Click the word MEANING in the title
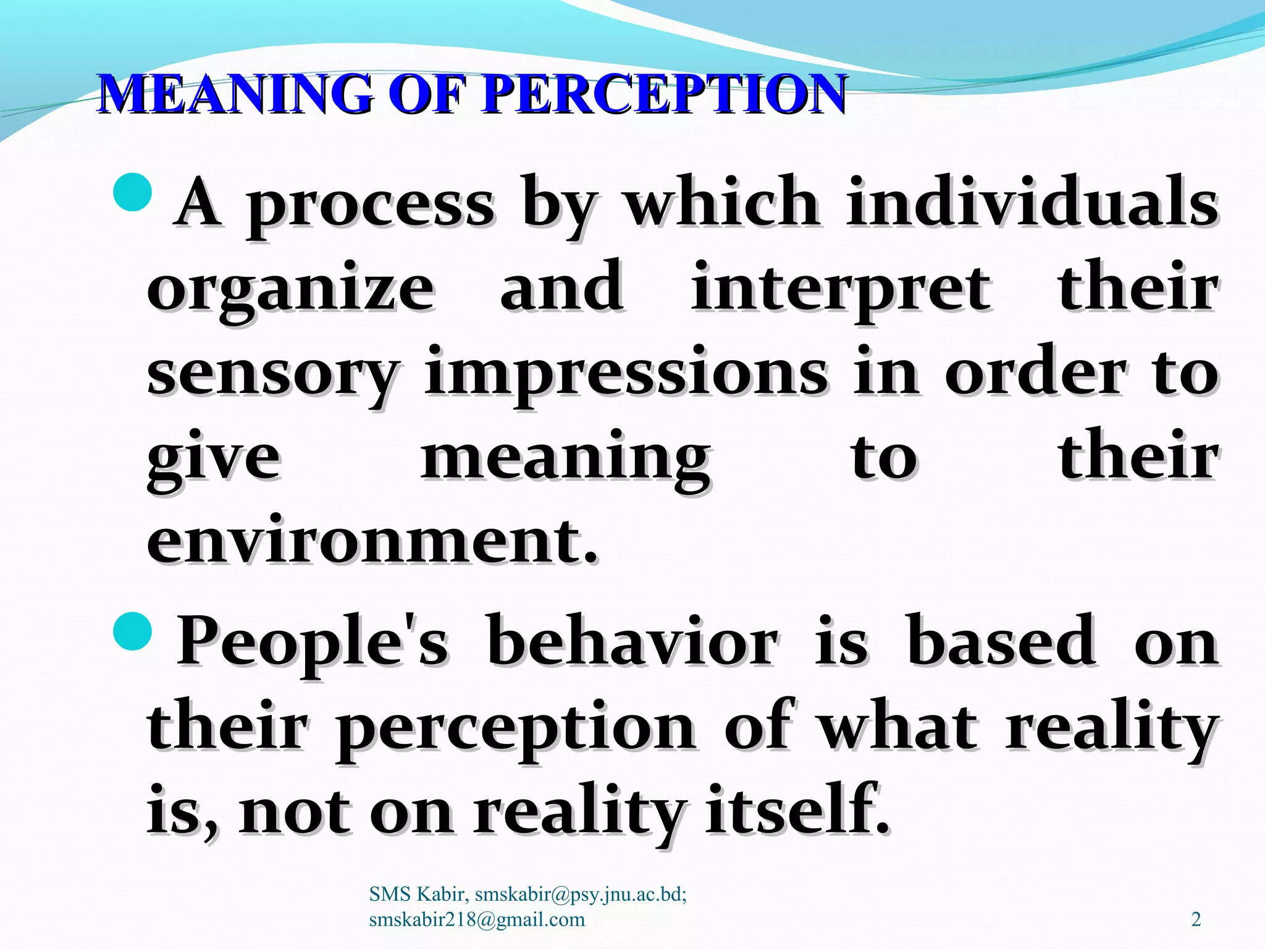click(x=236, y=94)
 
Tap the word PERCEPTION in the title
click(x=664, y=94)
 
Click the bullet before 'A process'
click(x=133, y=192)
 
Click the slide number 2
click(x=1196, y=919)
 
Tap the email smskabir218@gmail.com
click(x=476, y=919)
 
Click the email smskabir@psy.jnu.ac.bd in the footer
click(x=580, y=894)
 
